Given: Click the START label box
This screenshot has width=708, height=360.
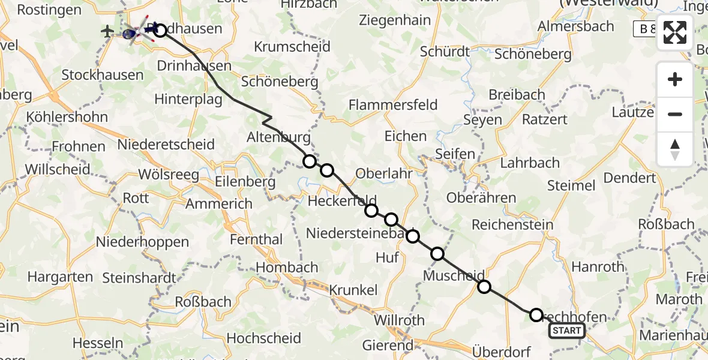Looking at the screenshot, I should (x=566, y=330).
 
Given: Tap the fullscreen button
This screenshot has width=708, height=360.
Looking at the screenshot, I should (x=675, y=32).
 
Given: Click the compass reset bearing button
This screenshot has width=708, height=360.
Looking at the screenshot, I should (x=675, y=149).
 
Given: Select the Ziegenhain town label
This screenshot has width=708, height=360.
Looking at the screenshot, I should (x=395, y=20).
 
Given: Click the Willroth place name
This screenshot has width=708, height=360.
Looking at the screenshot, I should (x=399, y=320).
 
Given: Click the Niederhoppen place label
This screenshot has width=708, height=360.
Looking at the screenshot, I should (x=143, y=242).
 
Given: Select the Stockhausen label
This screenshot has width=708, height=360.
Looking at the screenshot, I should (x=103, y=75).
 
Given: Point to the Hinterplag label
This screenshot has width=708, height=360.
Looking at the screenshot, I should (x=189, y=99).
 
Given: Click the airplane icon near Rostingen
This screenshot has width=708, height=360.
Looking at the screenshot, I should (x=108, y=31).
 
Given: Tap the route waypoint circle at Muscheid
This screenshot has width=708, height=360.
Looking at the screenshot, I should (x=484, y=287).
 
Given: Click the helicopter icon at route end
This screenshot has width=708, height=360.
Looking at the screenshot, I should (x=133, y=32).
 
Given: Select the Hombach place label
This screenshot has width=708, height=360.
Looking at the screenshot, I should (x=287, y=267).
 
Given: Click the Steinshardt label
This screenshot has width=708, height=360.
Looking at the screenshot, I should (x=139, y=278).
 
